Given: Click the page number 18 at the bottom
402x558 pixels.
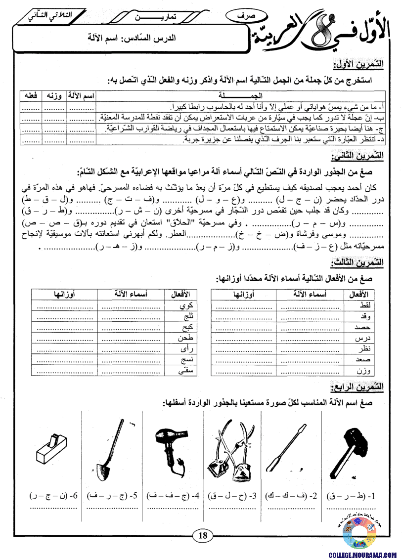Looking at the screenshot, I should click(202, 535).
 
